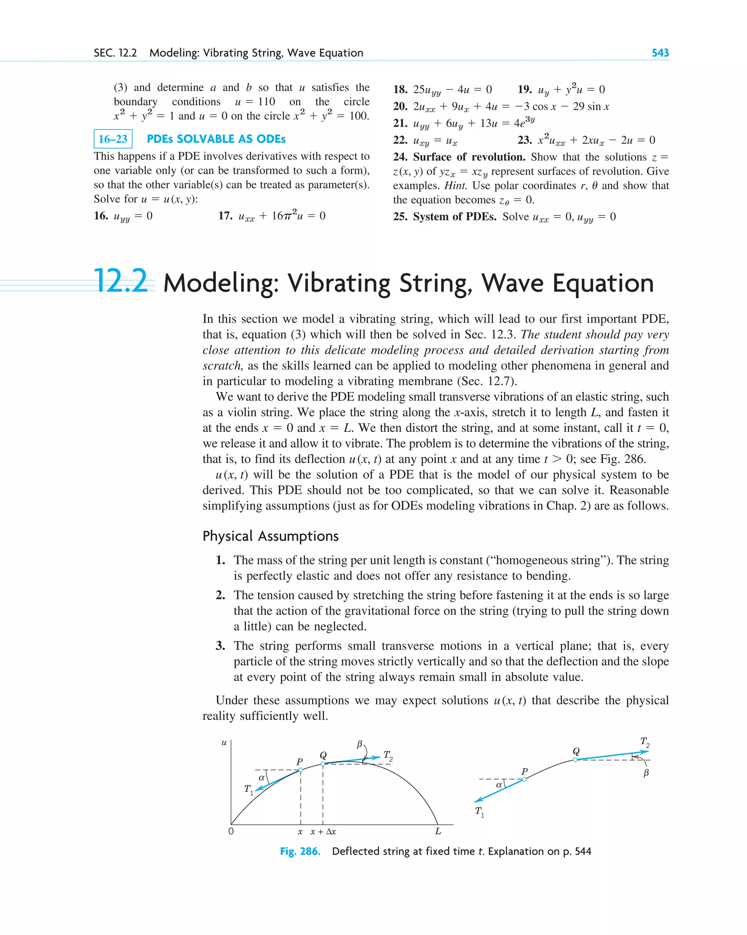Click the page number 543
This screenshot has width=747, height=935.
click(x=660, y=53)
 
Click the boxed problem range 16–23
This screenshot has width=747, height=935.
click(x=113, y=139)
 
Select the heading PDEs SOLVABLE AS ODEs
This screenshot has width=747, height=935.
click(x=216, y=139)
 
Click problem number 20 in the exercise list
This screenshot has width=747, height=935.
click(x=400, y=107)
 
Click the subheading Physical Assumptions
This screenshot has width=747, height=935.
click(x=270, y=536)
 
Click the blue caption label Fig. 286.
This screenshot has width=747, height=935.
click(x=300, y=851)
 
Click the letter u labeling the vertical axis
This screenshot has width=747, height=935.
click(x=224, y=743)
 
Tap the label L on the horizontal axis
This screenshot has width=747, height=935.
click(x=438, y=831)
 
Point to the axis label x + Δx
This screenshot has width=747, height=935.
click(x=323, y=832)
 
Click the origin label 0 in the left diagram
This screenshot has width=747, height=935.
click(x=231, y=831)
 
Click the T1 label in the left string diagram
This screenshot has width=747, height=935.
click(x=248, y=789)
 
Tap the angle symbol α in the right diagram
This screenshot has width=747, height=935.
click(x=499, y=785)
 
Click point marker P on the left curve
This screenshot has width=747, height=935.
click(x=301, y=770)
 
